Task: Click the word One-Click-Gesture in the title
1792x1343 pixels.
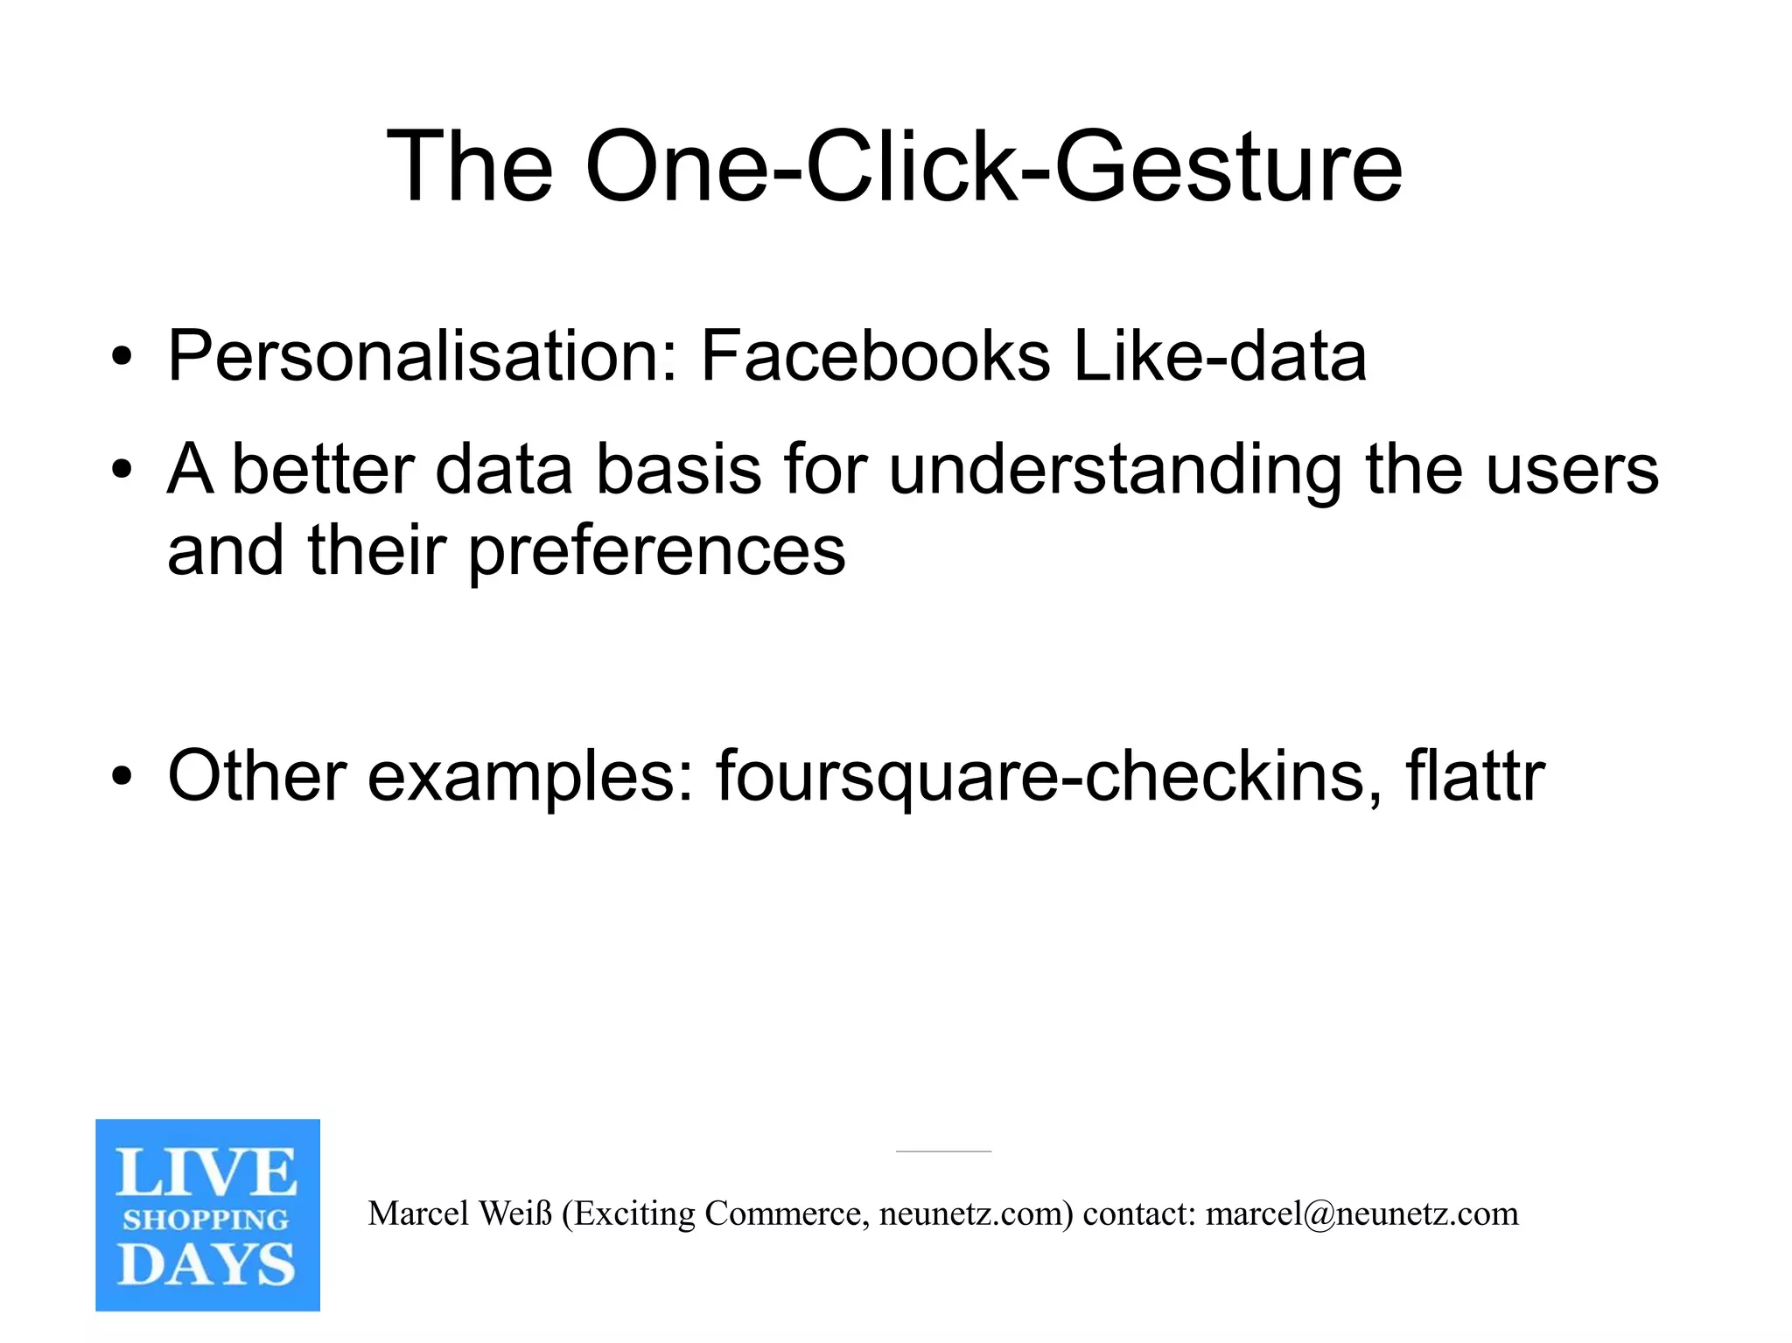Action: [993, 166]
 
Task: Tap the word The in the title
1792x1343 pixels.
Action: [469, 166]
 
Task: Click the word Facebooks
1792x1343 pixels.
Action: [875, 357]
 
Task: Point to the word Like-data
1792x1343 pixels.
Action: [1219, 357]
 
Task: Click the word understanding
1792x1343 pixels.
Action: [1115, 471]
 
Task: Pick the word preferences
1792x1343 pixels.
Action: [657, 551]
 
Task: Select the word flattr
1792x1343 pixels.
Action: [1475, 776]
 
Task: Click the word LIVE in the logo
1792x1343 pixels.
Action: [206, 1173]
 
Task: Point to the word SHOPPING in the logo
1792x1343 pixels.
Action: [206, 1220]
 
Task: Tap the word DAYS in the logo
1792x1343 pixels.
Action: [206, 1265]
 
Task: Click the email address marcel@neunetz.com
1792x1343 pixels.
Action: [1361, 1214]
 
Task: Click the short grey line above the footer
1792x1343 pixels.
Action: [943, 1151]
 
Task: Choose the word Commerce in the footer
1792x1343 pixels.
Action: [782, 1214]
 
